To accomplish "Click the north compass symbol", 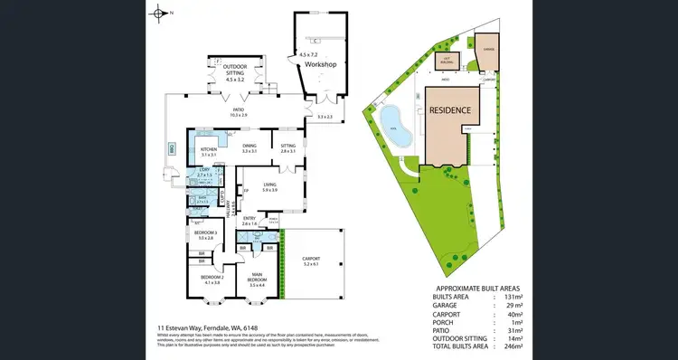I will point(161,13).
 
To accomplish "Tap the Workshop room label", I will point(320,66).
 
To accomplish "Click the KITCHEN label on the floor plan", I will point(209,150).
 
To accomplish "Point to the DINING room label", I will point(249,148).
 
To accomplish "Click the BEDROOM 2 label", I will point(212,279).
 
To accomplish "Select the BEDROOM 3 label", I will point(204,234).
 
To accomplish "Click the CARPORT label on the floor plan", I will point(311,261).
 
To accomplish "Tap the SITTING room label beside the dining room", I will point(287,148).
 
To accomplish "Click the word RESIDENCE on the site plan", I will point(449,109).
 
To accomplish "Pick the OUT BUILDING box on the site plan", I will point(445,61).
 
